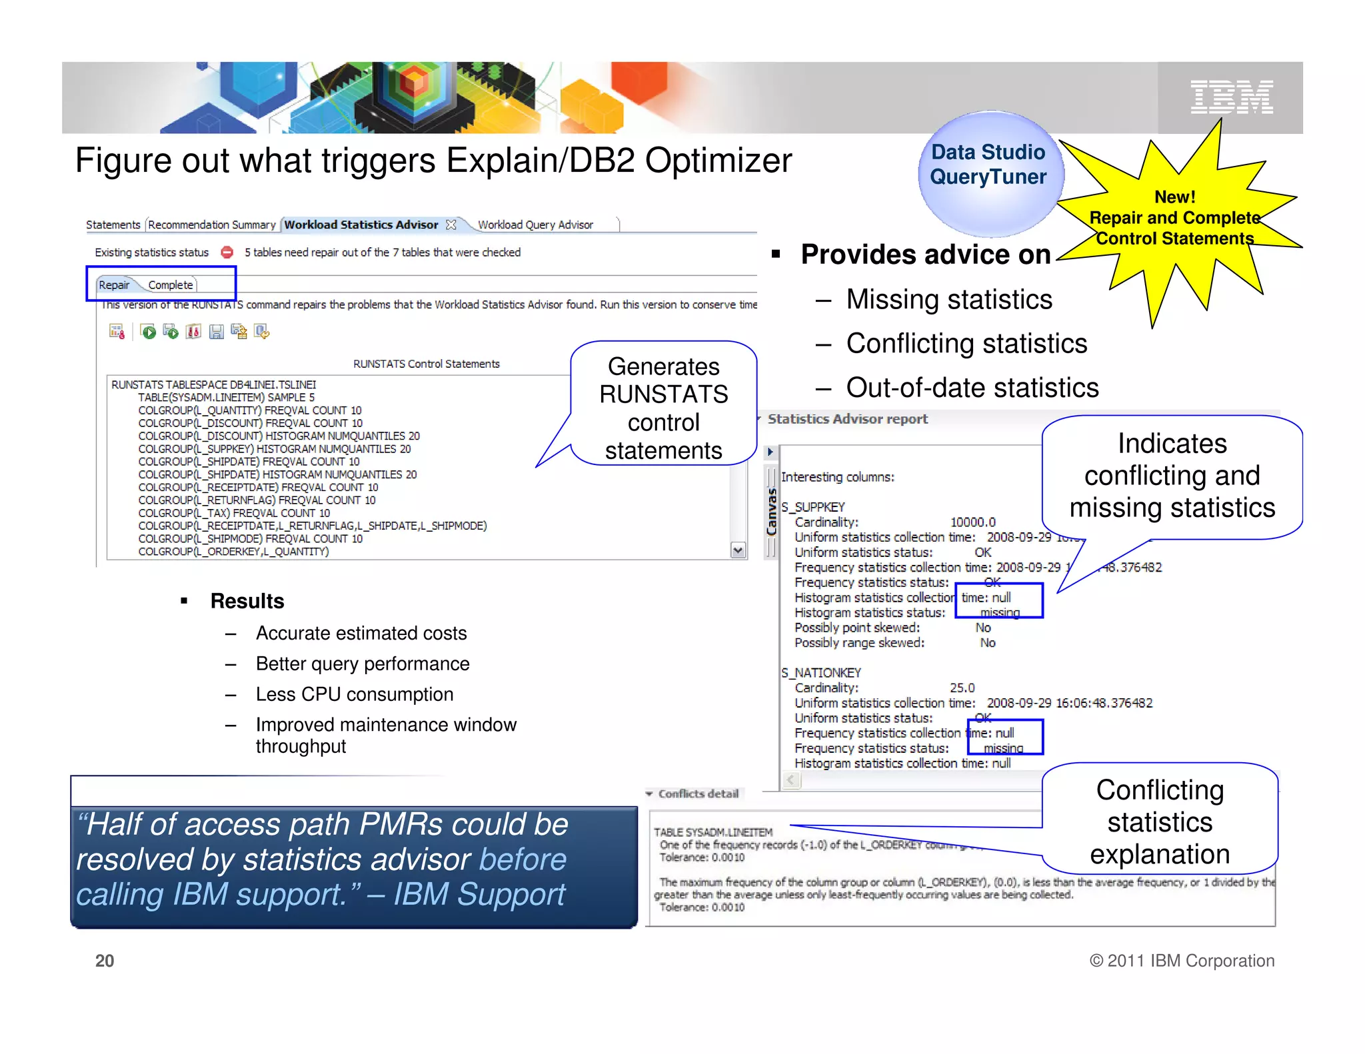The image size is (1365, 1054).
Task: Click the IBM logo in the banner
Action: point(1231,98)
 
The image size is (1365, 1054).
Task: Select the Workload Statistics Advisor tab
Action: point(361,225)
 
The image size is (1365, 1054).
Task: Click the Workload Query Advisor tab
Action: point(535,225)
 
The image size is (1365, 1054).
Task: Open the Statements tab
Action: point(113,225)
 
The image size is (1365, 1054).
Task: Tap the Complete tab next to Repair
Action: point(171,285)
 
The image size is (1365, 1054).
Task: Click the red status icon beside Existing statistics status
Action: point(227,253)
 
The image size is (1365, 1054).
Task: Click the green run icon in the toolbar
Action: point(149,332)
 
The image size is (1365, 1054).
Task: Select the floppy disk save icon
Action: point(216,332)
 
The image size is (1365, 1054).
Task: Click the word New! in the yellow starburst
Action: point(1174,197)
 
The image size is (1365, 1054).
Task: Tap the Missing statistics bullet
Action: point(948,300)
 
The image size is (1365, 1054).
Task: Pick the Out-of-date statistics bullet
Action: point(972,388)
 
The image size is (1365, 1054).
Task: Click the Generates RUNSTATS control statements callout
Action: point(663,408)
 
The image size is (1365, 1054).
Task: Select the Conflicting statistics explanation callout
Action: point(1160,821)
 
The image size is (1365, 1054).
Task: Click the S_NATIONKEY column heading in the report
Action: point(821,673)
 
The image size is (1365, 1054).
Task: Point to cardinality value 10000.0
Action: point(972,522)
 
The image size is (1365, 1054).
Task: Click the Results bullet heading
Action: point(247,601)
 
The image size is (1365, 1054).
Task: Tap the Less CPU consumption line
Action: point(354,694)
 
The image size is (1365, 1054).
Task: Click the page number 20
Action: point(105,961)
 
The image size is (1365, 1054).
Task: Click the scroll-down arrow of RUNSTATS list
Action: point(738,550)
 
